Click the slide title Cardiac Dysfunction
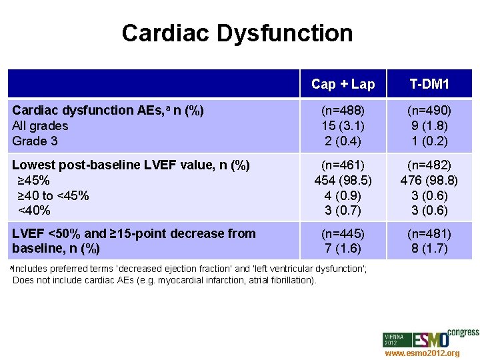click(x=237, y=33)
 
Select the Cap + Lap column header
click(x=343, y=84)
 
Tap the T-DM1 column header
click(x=429, y=84)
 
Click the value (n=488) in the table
click(x=343, y=111)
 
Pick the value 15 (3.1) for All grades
click(x=343, y=126)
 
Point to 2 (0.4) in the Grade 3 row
click(x=343, y=141)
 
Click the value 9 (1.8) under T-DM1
click(x=429, y=126)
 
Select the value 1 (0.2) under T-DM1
click(x=429, y=141)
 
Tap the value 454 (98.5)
click(x=343, y=181)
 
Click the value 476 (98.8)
click(x=429, y=181)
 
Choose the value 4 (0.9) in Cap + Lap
click(x=343, y=196)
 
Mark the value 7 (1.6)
click(x=343, y=249)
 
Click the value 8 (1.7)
click(x=429, y=249)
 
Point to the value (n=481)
click(x=429, y=234)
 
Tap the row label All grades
click(x=40, y=126)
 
